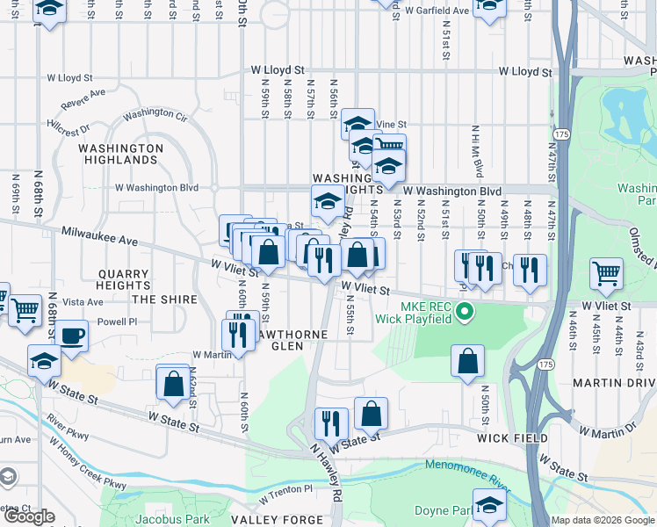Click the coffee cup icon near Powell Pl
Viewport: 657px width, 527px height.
73,335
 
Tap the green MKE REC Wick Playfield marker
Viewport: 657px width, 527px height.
467,312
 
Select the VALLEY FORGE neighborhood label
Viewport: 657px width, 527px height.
278,520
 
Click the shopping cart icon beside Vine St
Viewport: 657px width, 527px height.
389,146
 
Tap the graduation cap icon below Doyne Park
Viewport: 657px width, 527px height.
489,505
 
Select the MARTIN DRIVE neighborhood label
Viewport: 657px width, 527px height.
614,383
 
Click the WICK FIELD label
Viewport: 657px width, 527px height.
512,437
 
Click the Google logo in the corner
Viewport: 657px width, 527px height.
29,516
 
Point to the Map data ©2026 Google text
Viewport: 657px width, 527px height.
603,520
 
